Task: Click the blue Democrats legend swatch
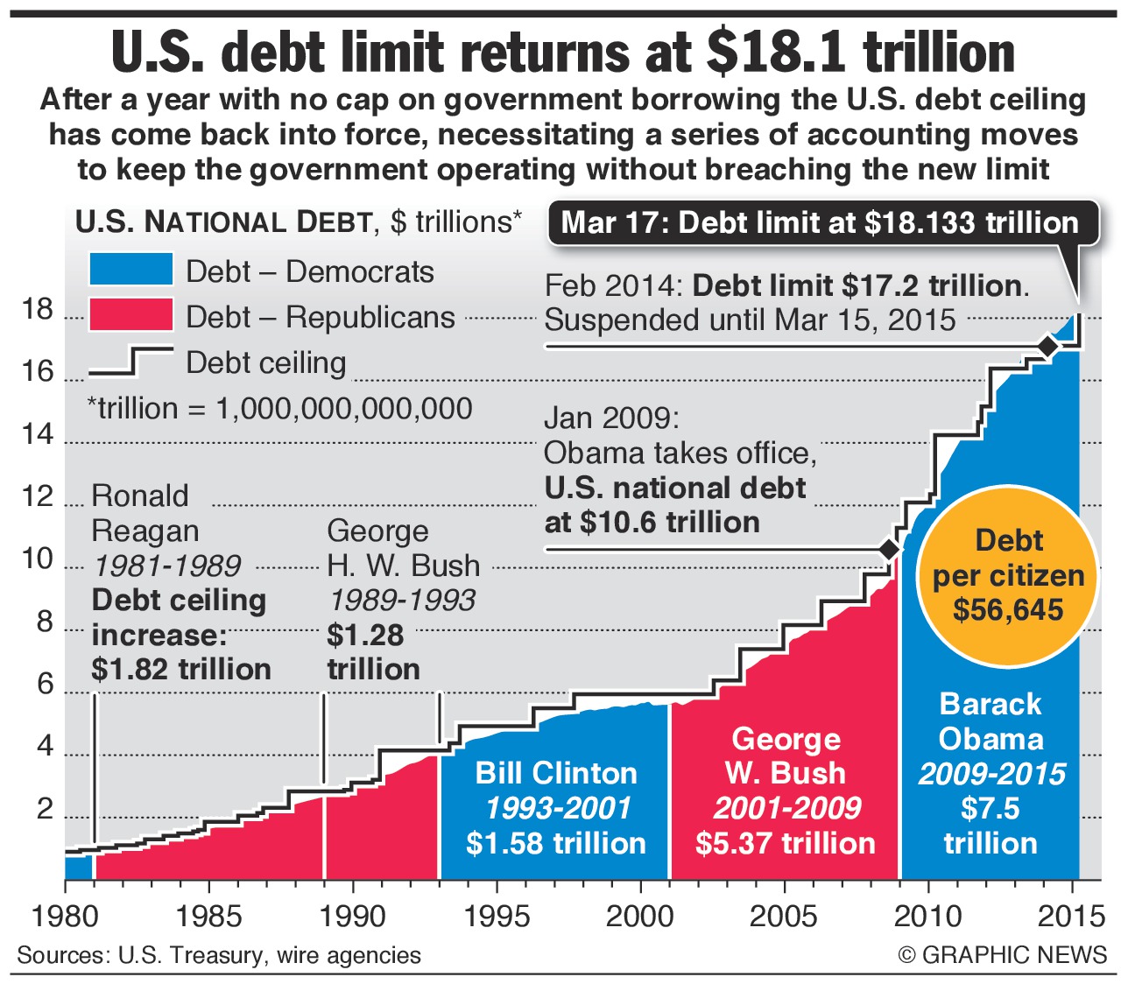(130, 270)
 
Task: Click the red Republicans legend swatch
(130, 315)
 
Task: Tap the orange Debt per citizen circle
(1008, 575)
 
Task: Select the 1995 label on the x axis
(497, 917)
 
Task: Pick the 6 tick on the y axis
(44, 685)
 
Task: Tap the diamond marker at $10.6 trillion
(889, 549)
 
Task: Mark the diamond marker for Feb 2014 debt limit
(1047, 346)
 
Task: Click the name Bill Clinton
(556, 773)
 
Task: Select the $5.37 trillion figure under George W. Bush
(786, 843)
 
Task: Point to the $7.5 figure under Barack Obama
(991, 808)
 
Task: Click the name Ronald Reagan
(145, 513)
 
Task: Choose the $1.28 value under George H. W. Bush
(365, 635)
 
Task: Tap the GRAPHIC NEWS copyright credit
(1003, 954)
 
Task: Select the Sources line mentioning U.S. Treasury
(219, 954)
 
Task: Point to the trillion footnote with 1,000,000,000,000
(280, 408)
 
